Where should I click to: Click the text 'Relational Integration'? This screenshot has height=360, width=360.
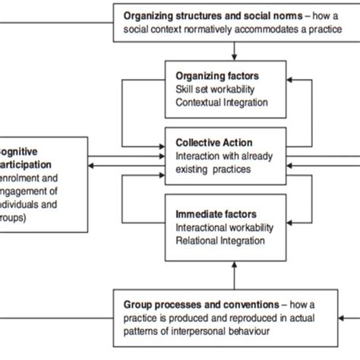pyautogui.click(x=219, y=241)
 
